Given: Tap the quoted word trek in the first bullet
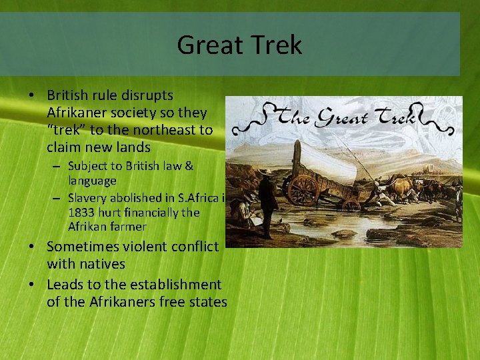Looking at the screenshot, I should point(65,130).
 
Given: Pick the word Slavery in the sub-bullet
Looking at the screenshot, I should point(89,198).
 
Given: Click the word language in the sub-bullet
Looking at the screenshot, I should point(92,180).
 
